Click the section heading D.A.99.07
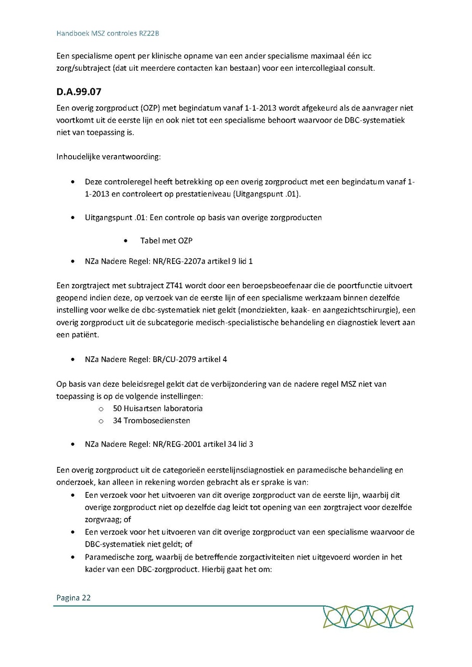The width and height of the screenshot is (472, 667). pos(79,92)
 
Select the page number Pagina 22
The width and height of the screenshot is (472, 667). pos(73,597)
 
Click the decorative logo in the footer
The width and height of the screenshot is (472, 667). pos(368,617)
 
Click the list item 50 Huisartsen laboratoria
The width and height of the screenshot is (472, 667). pos(158,408)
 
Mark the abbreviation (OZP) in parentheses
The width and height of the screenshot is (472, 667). pos(151,108)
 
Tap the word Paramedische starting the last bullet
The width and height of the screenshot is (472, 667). pos(109,557)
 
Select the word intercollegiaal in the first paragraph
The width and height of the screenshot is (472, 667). pos(310,68)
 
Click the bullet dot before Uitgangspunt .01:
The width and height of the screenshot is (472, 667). pos(72,217)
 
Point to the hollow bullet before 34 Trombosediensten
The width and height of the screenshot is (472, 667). pos(101,421)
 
